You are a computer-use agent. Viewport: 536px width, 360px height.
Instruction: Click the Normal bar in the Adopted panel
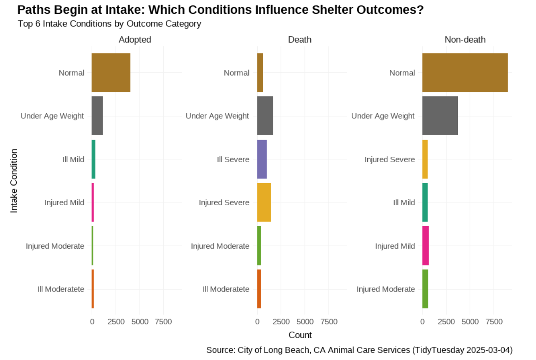(x=111, y=73)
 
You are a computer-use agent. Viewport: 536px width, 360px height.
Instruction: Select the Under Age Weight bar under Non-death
(x=440, y=116)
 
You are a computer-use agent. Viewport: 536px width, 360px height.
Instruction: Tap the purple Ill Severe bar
(x=262, y=159)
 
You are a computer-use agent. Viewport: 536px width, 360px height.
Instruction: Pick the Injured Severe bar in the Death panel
(x=264, y=202)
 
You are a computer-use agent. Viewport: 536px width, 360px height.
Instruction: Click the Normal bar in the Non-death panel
(x=465, y=73)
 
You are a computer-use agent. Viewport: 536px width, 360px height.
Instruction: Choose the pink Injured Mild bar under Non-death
(x=426, y=245)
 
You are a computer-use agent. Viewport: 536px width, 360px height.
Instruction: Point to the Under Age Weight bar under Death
(x=265, y=116)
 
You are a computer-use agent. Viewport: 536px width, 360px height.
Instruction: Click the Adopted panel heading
(x=135, y=40)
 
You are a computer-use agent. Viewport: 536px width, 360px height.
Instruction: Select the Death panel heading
(x=300, y=40)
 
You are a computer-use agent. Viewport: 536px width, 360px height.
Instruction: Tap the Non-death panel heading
(x=465, y=40)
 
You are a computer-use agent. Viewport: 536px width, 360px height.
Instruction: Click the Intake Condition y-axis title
(x=14, y=181)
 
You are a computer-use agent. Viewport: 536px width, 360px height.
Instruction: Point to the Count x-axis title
(x=300, y=335)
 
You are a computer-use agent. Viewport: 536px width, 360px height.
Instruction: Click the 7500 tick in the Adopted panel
(x=163, y=322)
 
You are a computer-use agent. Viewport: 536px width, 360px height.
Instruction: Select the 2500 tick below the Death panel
(x=281, y=322)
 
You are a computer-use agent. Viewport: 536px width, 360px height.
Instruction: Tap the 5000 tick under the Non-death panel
(x=470, y=322)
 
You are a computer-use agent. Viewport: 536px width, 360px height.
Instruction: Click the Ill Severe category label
(x=233, y=159)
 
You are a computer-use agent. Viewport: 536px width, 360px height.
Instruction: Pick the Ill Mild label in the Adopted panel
(x=73, y=159)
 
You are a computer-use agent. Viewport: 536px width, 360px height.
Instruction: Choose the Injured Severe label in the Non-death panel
(x=390, y=159)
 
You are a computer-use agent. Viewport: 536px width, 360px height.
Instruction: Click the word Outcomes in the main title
(x=390, y=10)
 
